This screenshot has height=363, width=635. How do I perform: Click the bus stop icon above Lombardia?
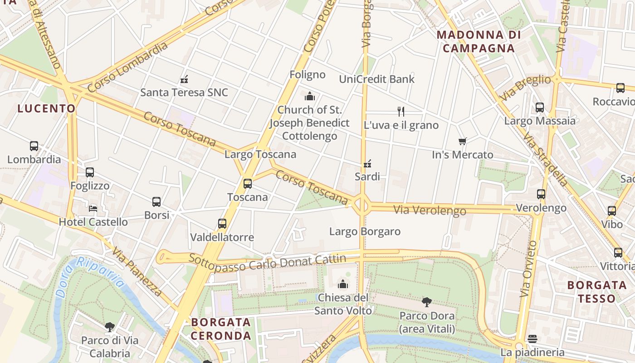[x=34, y=146]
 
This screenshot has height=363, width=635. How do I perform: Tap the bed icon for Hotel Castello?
[x=93, y=209]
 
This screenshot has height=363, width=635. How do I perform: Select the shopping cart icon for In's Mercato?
[x=462, y=142]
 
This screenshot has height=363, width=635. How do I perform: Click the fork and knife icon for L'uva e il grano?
[x=401, y=112]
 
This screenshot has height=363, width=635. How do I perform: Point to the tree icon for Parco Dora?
[x=426, y=302]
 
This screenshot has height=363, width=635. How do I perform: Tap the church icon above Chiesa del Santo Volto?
[x=343, y=284]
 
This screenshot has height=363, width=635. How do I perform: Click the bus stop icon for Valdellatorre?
[x=222, y=224]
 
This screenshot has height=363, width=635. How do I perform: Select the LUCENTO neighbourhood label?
[x=46, y=108]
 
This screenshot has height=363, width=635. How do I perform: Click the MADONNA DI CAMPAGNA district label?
[x=479, y=41]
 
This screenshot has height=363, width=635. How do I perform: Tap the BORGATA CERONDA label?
[x=221, y=329]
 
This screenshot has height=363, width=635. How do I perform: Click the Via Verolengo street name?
[x=430, y=210]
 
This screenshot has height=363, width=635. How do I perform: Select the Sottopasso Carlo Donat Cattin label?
[x=267, y=262]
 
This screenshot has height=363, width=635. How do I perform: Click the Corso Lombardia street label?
[x=127, y=67]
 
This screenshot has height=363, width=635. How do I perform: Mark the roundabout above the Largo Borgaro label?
[x=362, y=205]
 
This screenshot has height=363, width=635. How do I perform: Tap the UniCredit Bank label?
[x=376, y=79]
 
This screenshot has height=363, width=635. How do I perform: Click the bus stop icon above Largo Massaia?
[x=540, y=108]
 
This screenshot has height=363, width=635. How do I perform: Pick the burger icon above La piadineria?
[x=532, y=339]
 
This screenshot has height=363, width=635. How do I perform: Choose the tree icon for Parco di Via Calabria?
[x=109, y=327]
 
